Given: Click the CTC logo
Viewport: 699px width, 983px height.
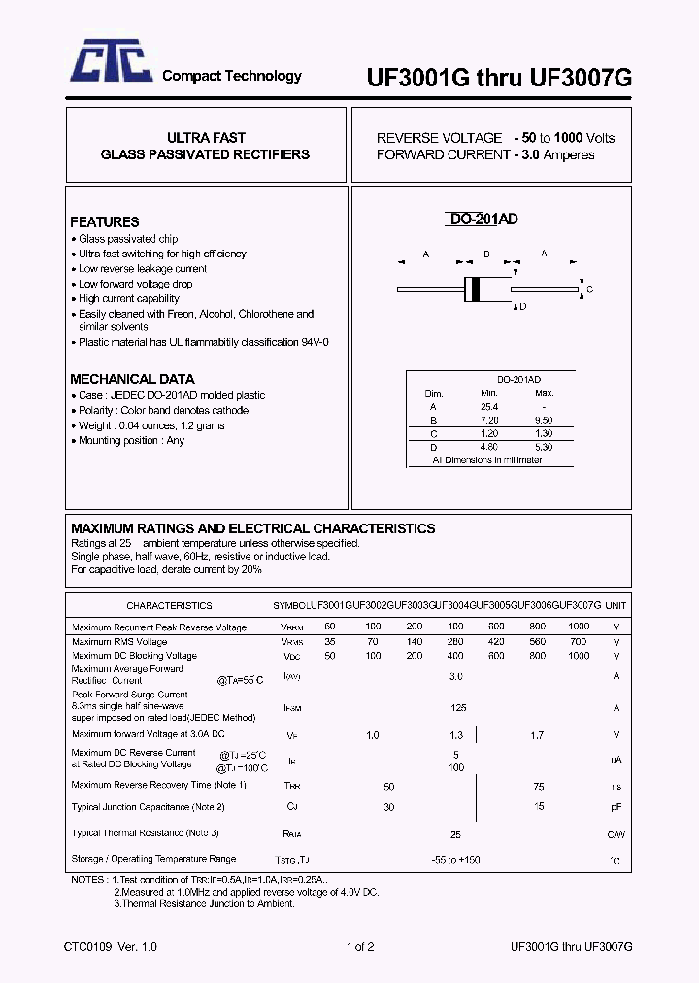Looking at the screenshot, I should pos(109,65).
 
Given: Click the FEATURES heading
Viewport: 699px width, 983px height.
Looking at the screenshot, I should pos(105,221).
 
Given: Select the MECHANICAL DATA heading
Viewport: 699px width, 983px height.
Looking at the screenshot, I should pos(132,379).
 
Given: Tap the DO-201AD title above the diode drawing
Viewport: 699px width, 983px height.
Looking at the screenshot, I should pos(483,220).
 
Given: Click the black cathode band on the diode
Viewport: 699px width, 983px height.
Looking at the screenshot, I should pos(474,288).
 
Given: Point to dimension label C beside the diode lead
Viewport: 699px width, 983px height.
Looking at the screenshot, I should pos(589,289).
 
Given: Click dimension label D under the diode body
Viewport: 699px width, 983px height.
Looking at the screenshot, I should pos(522,307).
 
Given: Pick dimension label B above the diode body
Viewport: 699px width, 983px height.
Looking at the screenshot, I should pos(485,254).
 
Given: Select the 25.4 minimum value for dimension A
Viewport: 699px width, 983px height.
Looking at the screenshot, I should pos(488,406).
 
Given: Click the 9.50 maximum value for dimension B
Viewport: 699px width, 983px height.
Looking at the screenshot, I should pos(544,420).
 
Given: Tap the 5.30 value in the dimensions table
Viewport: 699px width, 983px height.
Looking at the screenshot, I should pos(544,447).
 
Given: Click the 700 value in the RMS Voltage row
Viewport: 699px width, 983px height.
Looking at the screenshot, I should pos(579,642).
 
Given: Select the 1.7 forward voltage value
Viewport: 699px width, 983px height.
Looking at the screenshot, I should pos(538,735).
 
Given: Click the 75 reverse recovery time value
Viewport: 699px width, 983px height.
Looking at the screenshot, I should pos(539,786).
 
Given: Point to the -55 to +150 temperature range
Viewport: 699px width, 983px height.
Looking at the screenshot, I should pos(456,860).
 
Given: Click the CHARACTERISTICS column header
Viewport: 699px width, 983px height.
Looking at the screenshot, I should pos(169,605).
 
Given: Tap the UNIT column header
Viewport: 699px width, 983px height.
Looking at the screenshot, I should pos(616,605).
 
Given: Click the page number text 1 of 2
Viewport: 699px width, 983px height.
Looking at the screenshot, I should pos(359,946).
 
